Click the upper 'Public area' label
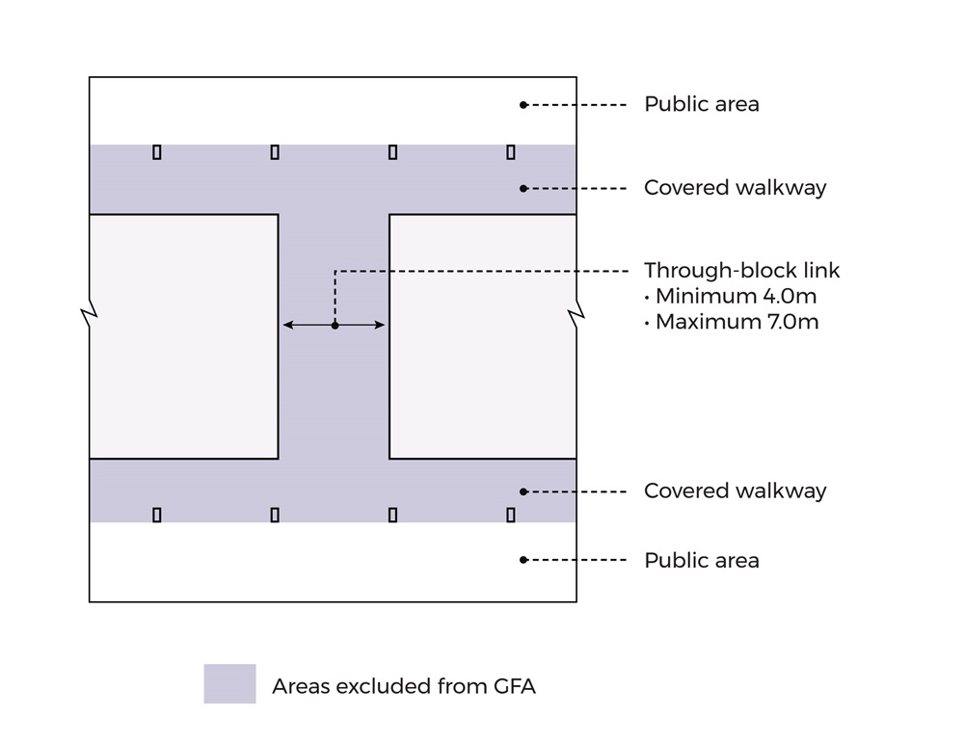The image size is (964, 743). tap(701, 104)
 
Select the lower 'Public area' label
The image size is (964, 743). tap(701, 560)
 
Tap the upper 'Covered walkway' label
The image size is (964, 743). tap(735, 188)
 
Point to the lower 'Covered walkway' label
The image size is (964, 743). tap(735, 491)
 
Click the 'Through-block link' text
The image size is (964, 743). tap(741, 271)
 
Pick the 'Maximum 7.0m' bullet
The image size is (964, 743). tap(731, 322)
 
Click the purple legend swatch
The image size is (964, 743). tap(229, 684)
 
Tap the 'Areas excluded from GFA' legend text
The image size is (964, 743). tap(403, 686)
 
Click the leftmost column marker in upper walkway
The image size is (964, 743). tap(157, 152)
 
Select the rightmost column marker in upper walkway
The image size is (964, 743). tap(511, 152)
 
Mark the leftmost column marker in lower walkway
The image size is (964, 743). tap(157, 516)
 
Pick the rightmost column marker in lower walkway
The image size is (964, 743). tap(511, 516)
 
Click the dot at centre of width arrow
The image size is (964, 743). tap(335, 326)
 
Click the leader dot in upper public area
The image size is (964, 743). tap(523, 104)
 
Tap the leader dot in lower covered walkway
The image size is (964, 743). tap(523, 491)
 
